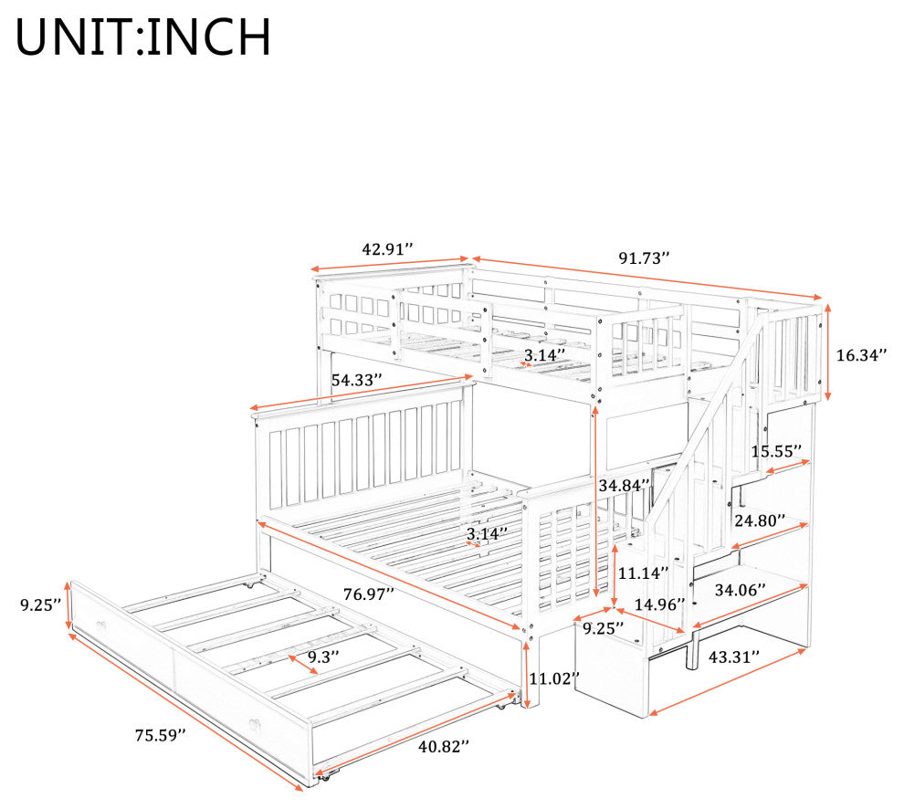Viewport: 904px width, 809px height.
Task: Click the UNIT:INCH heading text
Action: pyautogui.click(x=143, y=37)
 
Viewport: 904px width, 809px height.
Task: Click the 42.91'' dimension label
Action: pyautogui.click(x=387, y=248)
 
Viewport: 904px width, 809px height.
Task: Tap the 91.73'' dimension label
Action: pyautogui.click(x=644, y=257)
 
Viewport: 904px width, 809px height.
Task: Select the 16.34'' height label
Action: pyautogui.click(x=861, y=355)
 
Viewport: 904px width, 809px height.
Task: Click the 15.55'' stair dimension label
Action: pyautogui.click(x=776, y=451)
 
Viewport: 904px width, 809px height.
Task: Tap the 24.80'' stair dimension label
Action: pyautogui.click(x=760, y=521)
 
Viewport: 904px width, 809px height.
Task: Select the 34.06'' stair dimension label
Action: pyautogui.click(x=740, y=590)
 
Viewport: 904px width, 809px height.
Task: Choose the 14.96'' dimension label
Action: pyautogui.click(x=659, y=604)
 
